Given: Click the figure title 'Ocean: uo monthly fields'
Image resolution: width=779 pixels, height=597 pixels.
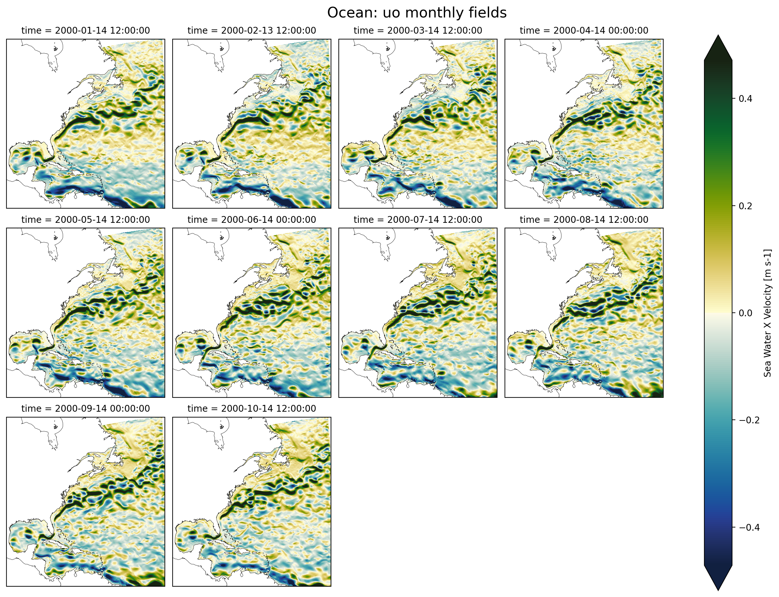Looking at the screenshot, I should [x=417, y=13].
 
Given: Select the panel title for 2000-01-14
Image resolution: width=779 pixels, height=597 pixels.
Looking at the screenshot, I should [x=86, y=30].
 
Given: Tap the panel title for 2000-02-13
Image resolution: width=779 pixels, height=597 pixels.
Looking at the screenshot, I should [x=251, y=30].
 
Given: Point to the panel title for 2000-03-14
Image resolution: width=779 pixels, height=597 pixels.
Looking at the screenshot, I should [x=418, y=30].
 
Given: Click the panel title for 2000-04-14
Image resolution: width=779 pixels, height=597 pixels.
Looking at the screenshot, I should [x=584, y=30].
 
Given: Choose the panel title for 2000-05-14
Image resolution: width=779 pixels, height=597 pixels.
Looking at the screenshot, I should [x=86, y=220].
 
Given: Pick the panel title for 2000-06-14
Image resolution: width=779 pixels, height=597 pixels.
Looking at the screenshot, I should [x=251, y=220].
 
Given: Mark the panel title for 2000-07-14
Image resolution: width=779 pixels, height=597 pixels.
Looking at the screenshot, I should [x=418, y=220].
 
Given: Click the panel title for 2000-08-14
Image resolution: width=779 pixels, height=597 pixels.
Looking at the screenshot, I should [x=584, y=220].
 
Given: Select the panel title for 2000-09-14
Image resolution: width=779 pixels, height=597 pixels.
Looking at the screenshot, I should [x=86, y=409].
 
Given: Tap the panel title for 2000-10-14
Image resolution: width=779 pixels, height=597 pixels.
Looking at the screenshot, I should [x=251, y=409].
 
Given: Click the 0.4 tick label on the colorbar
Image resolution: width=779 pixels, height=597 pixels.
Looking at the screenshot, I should [x=745, y=99].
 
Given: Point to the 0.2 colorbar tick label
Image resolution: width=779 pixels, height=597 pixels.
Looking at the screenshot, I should [x=745, y=206].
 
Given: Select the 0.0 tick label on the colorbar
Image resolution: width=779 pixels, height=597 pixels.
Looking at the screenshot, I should [x=745, y=313].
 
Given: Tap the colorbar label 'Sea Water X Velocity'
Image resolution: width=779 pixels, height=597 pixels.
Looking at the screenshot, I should [x=767, y=313].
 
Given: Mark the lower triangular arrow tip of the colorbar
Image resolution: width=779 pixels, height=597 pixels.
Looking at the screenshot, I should [x=718, y=588].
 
